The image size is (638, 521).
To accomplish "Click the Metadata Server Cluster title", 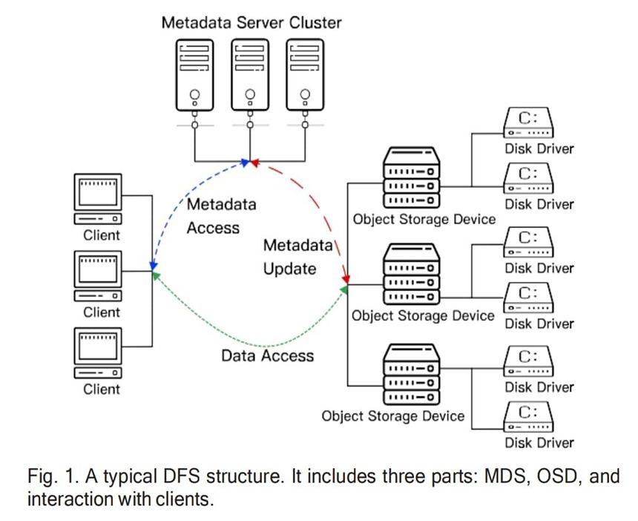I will pos(251,22).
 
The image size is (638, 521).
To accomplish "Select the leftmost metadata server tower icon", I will pos(195,74).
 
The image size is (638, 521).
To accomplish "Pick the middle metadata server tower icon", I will pos(250,74).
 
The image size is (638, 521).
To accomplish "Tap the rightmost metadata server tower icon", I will pos(305,74).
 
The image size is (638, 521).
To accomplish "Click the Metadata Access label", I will pos(220,216).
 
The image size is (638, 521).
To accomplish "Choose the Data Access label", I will pos(268,355).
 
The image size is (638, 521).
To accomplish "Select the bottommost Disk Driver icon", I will pos(528,417).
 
